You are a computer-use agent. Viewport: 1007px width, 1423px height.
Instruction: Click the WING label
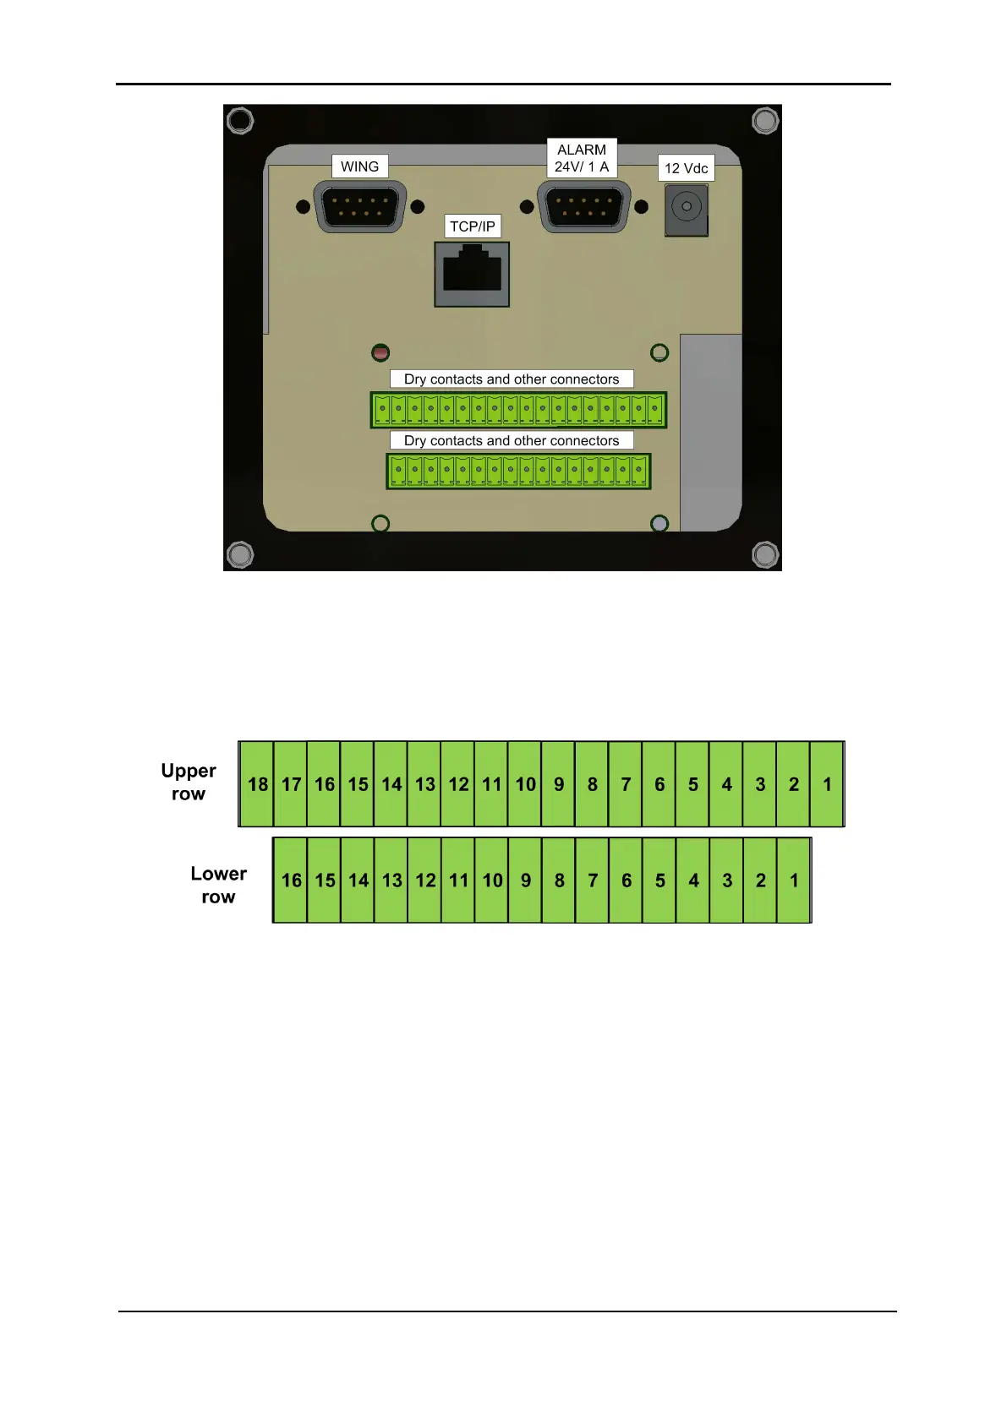tap(359, 166)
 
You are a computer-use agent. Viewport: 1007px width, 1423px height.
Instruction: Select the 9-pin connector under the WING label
tap(359, 206)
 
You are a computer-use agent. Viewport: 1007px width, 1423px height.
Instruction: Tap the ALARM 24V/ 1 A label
tap(582, 158)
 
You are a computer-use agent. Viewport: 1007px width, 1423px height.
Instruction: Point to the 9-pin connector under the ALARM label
tap(583, 206)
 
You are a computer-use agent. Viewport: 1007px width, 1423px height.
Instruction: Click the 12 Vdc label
tap(686, 168)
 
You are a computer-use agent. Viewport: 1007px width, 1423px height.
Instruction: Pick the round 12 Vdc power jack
tap(686, 207)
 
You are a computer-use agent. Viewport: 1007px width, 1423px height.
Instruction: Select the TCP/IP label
tap(472, 226)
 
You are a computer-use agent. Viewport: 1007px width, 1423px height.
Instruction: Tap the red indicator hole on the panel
tap(380, 352)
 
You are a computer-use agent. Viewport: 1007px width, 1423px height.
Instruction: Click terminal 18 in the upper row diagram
tap(257, 784)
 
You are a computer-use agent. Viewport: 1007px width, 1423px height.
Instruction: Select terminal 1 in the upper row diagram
tap(827, 784)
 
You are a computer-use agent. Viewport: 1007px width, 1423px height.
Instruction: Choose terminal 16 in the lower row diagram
tap(291, 881)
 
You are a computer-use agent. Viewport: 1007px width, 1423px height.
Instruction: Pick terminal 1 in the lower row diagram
tap(794, 881)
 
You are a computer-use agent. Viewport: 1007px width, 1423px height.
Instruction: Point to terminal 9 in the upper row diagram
tap(559, 784)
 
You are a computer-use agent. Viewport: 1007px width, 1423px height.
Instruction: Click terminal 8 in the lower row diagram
tap(559, 881)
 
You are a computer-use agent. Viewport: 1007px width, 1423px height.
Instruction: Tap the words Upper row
tap(189, 782)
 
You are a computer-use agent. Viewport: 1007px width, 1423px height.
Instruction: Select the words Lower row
tap(218, 885)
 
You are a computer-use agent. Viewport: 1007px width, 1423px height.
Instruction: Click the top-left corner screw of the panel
tap(240, 121)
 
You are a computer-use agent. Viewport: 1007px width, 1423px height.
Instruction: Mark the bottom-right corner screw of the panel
tap(765, 554)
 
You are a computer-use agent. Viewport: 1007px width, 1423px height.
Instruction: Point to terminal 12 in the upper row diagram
tap(458, 784)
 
